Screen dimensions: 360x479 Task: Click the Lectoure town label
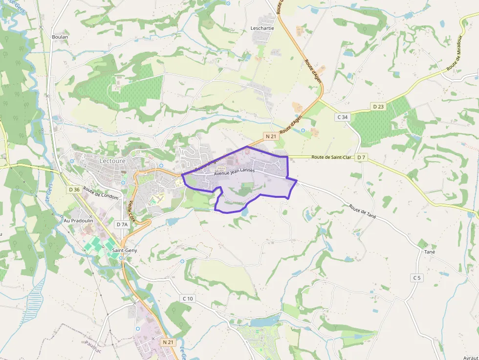(x=112, y=160)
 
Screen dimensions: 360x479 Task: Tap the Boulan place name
(x=60, y=37)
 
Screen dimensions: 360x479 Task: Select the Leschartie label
(x=262, y=28)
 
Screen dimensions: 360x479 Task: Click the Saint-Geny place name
(x=125, y=250)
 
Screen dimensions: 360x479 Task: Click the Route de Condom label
(x=101, y=193)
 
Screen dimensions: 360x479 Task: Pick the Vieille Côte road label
(x=131, y=211)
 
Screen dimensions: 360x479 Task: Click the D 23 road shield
(x=378, y=106)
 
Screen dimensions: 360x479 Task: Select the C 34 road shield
(x=342, y=117)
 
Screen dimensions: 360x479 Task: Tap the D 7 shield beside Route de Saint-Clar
(x=361, y=157)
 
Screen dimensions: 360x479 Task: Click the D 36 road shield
(x=74, y=189)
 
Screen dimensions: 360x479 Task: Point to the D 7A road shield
(x=122, y=224)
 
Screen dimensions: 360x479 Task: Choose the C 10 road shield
(x=188, y=298)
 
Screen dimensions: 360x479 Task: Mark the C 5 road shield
(x=416, y=278)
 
